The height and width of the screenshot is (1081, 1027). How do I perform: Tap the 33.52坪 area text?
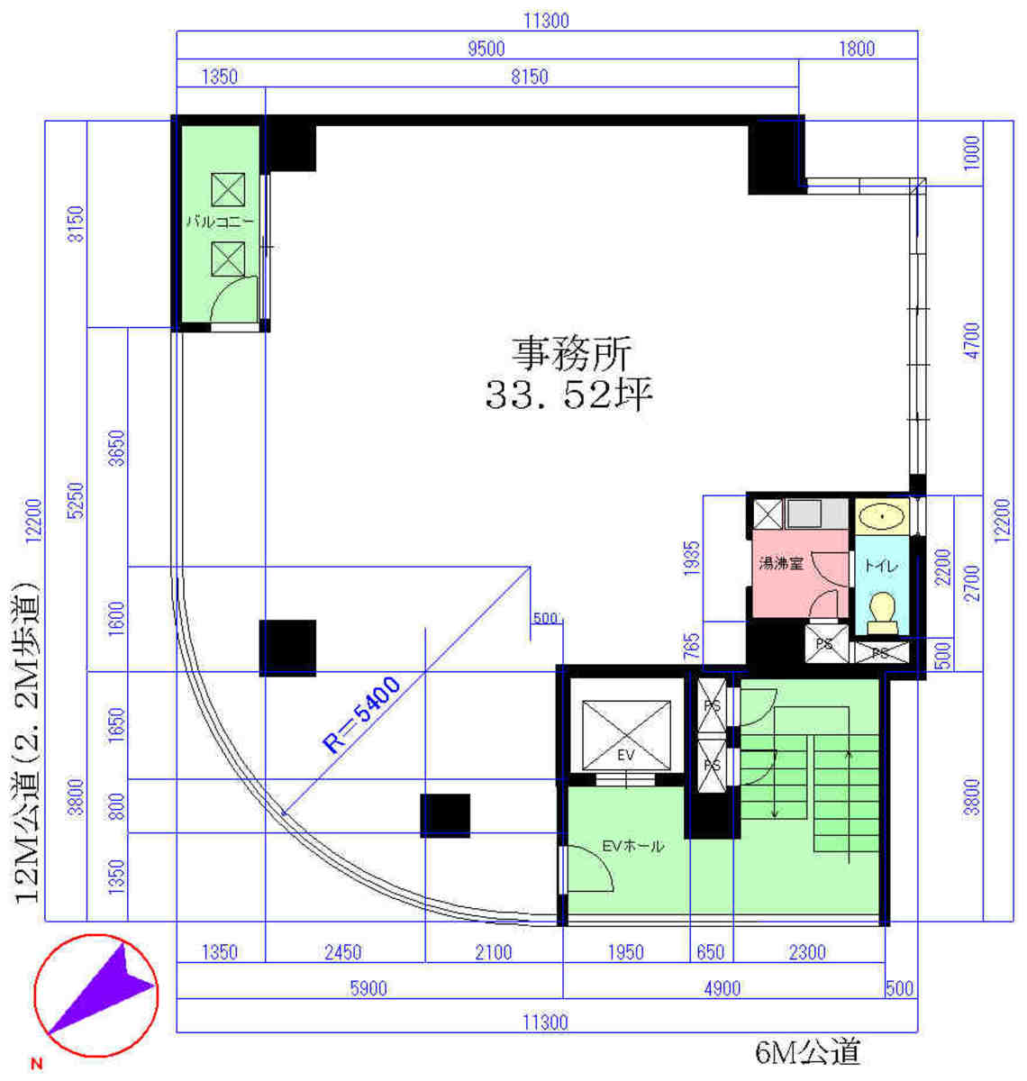point(568,394)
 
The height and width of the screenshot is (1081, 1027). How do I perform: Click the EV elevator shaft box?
point(626,734)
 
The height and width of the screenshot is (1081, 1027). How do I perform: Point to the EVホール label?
point(632,846)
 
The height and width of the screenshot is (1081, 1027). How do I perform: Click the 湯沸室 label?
point(781,563)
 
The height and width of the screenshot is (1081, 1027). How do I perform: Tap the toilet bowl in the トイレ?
point(882,613)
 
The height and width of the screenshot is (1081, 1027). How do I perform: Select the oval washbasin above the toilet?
point(882,517)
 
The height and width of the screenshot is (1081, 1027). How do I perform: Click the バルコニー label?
point(220,222)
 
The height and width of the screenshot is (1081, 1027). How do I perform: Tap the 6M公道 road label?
point(807,1052)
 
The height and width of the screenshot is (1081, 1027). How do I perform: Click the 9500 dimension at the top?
point(486,49)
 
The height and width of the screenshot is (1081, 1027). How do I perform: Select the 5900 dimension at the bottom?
point(368,988)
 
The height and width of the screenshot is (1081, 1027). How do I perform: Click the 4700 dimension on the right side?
point(973,341)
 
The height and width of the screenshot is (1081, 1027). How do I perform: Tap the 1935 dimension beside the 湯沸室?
point(692,559)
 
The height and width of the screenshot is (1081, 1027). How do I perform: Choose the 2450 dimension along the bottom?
point(342,952)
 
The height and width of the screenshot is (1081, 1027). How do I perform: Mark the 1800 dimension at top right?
point(857,49)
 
